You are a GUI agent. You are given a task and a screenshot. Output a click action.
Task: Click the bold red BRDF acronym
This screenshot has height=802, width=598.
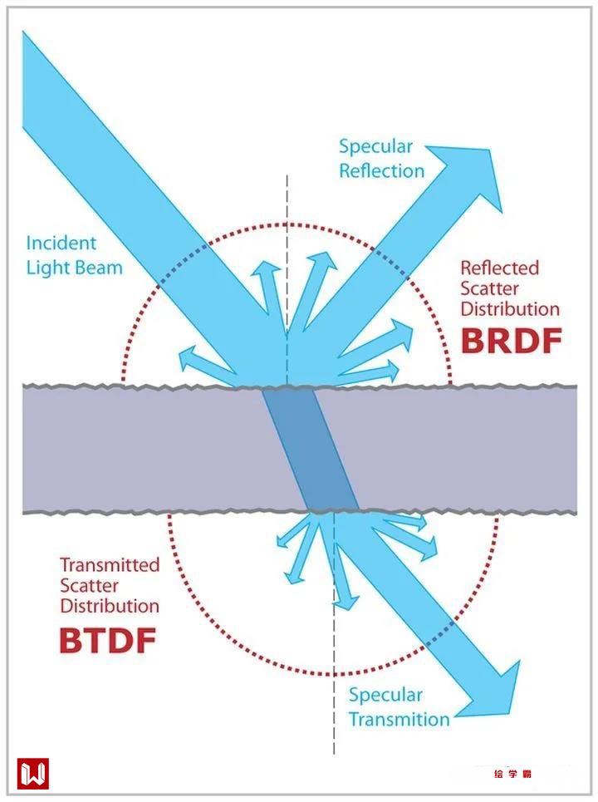[511, 341]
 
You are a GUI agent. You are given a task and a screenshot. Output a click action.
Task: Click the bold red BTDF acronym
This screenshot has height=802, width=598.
[108, 640]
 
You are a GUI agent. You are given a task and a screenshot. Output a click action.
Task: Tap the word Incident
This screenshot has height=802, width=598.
[61, 244]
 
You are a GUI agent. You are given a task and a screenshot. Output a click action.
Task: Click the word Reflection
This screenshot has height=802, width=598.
[381, 171]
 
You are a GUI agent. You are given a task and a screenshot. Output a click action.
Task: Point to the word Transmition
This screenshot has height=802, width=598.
[399, 719]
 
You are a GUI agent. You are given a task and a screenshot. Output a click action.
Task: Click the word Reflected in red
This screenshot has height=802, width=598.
[499, 268]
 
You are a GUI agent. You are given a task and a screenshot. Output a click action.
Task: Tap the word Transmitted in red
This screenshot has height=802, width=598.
[110, 565]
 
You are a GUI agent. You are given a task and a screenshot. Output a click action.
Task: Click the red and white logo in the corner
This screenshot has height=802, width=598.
[33, 774]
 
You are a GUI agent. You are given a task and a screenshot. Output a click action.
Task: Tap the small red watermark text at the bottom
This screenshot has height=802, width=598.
[512, 775]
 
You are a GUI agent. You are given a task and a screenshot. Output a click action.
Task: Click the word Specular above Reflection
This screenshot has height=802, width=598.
[375, 147]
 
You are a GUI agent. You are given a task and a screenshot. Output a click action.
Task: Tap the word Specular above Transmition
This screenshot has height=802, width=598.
[385, 695]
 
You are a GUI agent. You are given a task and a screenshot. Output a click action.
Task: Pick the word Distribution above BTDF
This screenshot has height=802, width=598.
[110, 606]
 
